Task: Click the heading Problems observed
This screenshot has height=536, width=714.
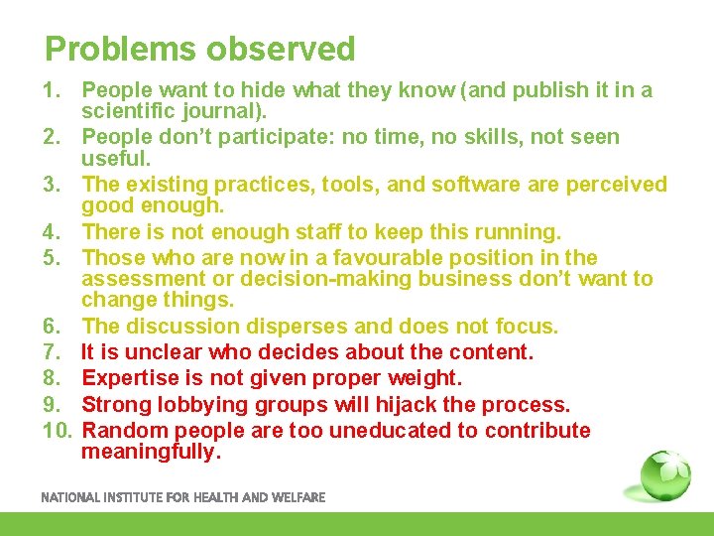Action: click(x=199, y=49)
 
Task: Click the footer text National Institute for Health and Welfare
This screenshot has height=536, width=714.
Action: click(x=182, y=497)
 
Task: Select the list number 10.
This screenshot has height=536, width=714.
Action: click(x=58, y=431)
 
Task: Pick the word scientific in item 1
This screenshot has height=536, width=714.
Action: click(x=124, y=112)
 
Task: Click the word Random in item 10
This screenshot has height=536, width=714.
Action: click(x=123, y=431)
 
